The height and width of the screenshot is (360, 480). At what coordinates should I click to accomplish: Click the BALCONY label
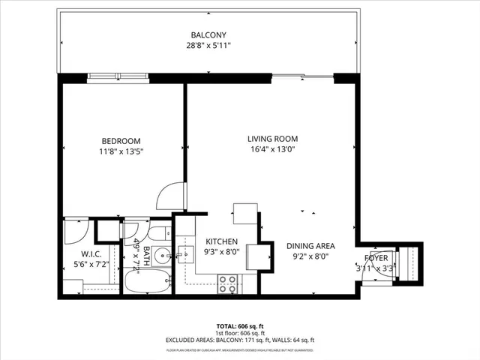tap(208, 35)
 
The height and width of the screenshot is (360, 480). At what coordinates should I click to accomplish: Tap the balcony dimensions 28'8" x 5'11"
tap(208, 46)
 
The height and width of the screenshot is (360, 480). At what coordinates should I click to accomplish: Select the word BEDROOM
tap(121, 141)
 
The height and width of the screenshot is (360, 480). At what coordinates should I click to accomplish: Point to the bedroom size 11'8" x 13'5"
tap(121, 151)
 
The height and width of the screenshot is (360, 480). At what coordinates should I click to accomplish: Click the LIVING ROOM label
tap(273, 139)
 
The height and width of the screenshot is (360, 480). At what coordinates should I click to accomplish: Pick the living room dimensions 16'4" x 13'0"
tap(273, 149)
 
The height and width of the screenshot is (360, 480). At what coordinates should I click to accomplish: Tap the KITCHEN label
tap(222, 241)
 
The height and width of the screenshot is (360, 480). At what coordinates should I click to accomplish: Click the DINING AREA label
tap(310, 246)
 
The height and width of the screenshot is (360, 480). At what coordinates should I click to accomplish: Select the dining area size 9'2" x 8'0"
tap(310, 256)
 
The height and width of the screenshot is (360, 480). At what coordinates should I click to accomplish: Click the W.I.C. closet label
tap(91, 253)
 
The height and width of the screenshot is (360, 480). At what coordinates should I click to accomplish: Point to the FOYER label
tap(376, 258)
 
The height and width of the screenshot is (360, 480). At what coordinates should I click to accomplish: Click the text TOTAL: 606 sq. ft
tap(239, 326)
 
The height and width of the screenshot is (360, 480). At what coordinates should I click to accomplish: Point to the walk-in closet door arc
tap(76, 230)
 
